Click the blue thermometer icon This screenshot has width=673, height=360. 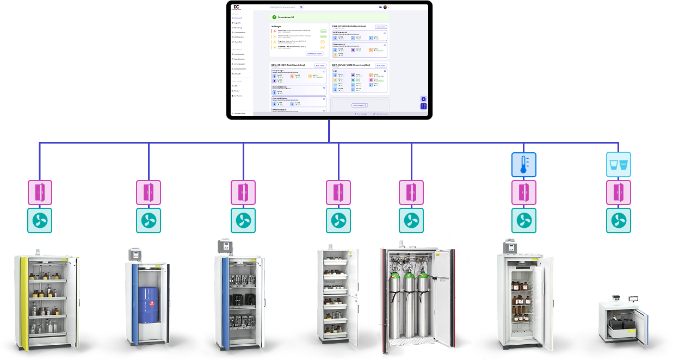[x=524, y=164]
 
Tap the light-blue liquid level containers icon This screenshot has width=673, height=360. [x=619, y=164]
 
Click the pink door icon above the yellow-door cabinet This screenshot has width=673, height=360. [x=40, y=193]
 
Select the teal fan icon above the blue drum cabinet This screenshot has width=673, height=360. [x=149, y=220]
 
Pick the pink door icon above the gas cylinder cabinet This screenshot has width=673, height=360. [x=411, y=193]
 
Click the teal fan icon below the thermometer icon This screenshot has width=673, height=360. [x=524, y=220]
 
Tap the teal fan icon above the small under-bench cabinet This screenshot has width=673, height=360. [x=619, y=220]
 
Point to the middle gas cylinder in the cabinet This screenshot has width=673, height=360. [x=409, y=305]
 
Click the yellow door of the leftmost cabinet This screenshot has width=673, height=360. [x=23, y=302]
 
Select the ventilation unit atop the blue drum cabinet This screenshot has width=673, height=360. [x=134, y=254]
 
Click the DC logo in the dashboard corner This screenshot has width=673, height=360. [x=236, y=7]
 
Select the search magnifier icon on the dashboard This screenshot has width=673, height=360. [x=301, y=7]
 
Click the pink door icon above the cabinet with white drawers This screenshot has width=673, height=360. [x=338, y=193]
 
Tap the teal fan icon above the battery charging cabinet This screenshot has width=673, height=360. [x=243, y=220]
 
